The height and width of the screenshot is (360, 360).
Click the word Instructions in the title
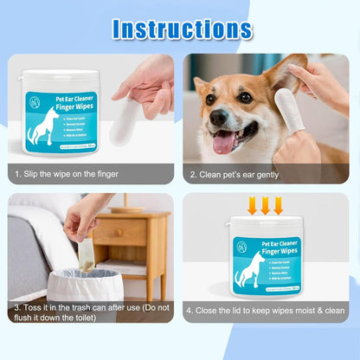(x=182, y=29)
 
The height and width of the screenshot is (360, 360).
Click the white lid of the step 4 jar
(x=266, y=224)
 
